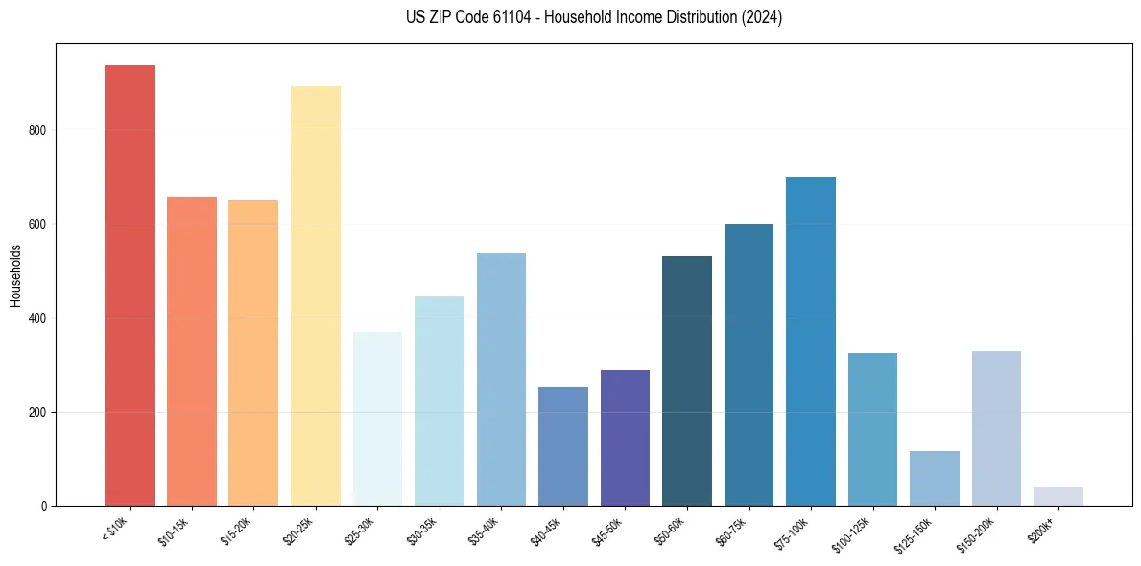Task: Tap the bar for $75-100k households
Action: pos(811,341)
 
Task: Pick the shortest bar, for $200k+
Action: pos(1058,497)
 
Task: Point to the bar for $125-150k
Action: pos(935,478)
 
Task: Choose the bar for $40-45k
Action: pos(563,446)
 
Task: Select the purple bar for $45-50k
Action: pos(625,437)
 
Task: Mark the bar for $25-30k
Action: pos(377,418)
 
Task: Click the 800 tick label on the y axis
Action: pos(36,130)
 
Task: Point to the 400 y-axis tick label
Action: pos(36,318)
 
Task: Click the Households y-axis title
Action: pos(15,275)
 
